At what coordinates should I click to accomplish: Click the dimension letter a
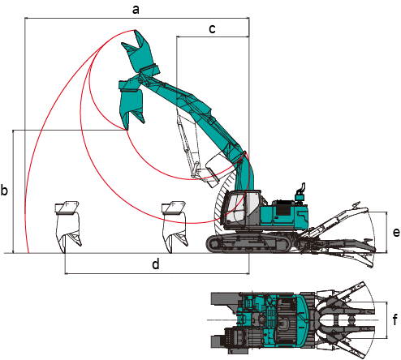[x=136, y=10]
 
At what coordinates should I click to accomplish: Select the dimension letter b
[x=4, y=191]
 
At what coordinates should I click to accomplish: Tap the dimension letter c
[x=213, y=28]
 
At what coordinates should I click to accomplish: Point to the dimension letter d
[x=156, y=264]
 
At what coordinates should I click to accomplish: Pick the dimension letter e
[x=396, y=232]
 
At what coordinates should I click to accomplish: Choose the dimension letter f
[x=395, y=319]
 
